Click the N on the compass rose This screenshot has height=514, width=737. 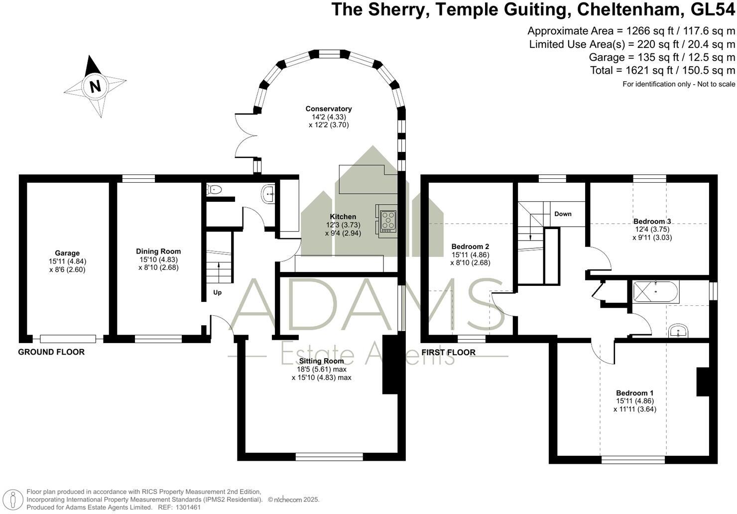tap(95, 86)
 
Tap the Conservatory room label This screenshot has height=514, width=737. tap(329, 109)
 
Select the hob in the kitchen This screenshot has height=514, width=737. tap(386, 220)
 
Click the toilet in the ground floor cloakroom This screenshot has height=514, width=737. tap(214, 189)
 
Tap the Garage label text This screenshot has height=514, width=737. tap(67, 253)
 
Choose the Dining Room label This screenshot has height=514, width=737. tap(158, 252)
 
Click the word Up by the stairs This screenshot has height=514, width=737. tap(218, 292)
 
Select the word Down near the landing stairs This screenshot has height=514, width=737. tap(563, 214)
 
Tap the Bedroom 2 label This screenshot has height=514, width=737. tap(470, 246)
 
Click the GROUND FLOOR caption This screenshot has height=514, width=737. tap(51, 352)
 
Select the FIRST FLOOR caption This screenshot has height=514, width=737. tap(448, 352)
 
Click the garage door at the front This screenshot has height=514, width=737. tap(68, 339)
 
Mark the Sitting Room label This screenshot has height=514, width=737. tap(321, 361)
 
